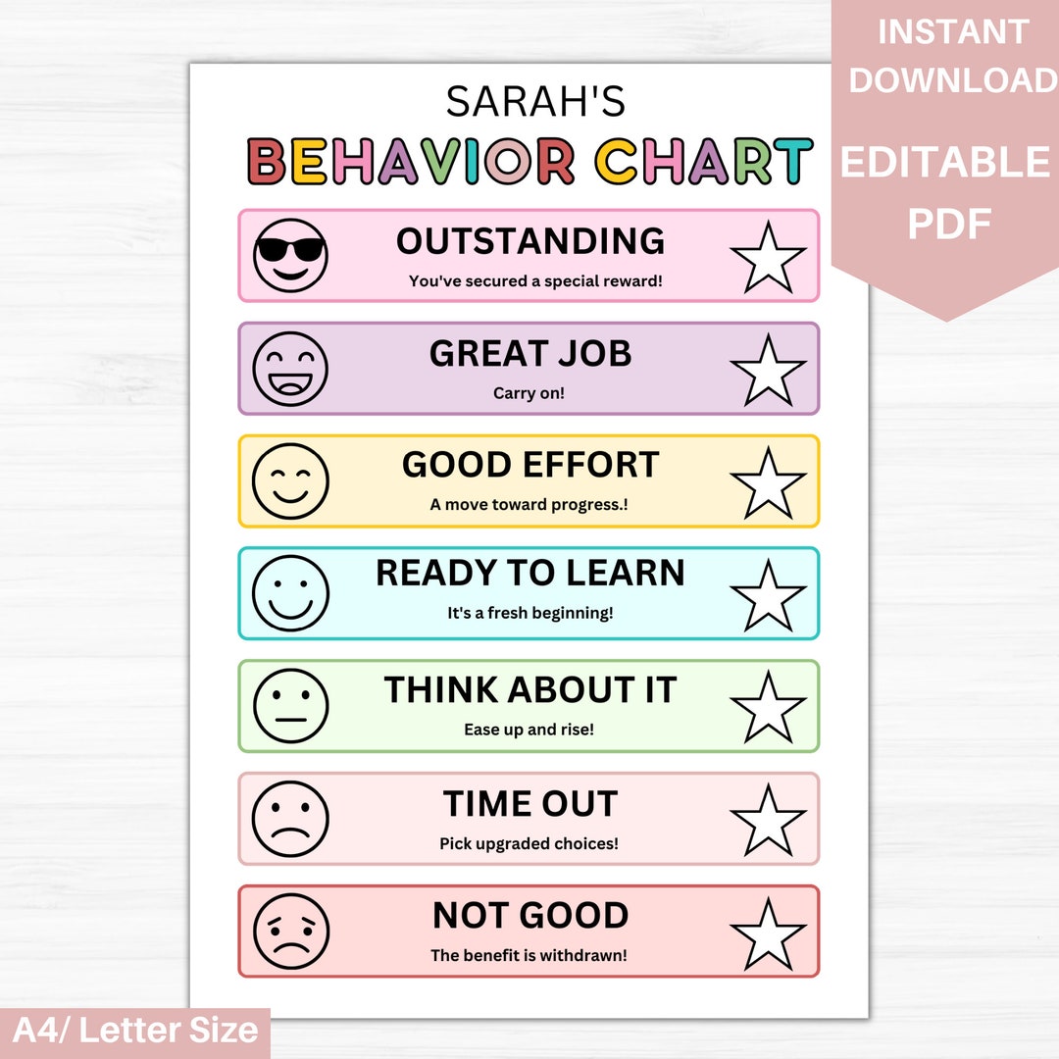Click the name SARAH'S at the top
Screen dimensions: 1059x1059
534,101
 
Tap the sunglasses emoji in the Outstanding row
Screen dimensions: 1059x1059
290,255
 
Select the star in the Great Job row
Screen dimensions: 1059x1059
768,370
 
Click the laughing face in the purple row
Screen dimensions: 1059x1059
290,369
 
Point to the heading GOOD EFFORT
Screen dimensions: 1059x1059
529,465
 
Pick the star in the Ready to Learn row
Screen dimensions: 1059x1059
768,595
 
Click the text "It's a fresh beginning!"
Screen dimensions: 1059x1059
529,614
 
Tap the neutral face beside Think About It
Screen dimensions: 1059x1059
290,706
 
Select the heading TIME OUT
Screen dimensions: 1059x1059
529,804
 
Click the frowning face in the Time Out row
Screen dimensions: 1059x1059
290,819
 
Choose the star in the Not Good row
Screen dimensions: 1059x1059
768,933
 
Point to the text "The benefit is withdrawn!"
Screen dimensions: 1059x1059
529,955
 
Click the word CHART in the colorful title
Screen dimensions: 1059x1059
704,162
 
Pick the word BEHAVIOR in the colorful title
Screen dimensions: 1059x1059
411,162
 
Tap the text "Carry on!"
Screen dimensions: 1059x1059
529,394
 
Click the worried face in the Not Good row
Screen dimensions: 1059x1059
290,932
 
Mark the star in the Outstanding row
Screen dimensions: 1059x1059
768,257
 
